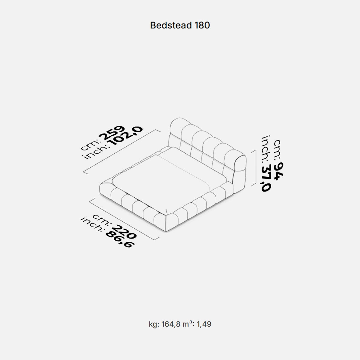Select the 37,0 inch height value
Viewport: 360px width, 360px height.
(x=266, y=178)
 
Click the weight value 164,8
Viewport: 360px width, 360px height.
(x=171, y=324)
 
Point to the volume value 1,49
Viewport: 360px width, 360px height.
(x=204, y=324)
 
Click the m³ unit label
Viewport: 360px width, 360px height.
(x=189, y=324)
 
